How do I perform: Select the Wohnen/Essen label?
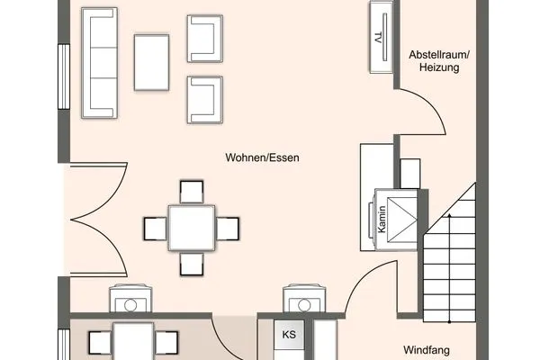coord(262,157)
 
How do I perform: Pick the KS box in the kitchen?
coord(289,336)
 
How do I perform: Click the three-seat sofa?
coord(98,62)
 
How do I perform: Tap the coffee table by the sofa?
coord(151,61)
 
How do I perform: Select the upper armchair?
coord(203,40)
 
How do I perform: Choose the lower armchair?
coord(203,97)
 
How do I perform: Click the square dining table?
coord(193,229)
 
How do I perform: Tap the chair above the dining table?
coord(193,191)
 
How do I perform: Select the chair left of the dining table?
coord(155,229)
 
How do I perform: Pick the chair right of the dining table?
coord(229,229)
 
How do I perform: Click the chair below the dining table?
coord(193,265)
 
